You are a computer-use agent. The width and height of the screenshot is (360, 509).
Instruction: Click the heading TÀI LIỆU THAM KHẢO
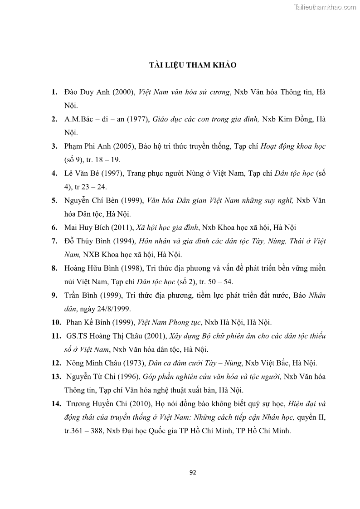click(x=193, y=65)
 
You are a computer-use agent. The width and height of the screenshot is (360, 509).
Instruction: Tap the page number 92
click(x=193, y=472)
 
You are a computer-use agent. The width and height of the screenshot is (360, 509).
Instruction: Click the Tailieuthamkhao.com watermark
click(x=325, y=7)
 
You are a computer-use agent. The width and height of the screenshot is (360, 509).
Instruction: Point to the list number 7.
click(x=54, y=241)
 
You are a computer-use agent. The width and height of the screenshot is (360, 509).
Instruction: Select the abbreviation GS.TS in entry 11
click(x=77, y=336)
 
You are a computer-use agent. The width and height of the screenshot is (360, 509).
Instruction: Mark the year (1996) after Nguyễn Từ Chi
click(x=129, y=376)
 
